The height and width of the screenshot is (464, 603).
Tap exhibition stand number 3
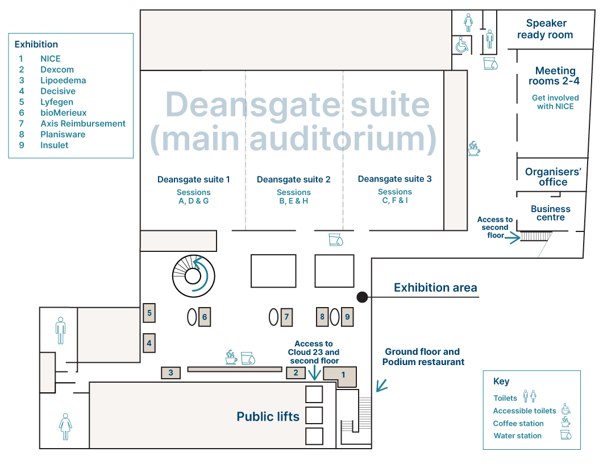pyautogui.click(x=170, y=373)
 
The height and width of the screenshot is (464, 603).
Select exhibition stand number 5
pyautogui.click(x=149, y=313)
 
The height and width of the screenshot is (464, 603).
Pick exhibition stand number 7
pyautogui.click(x=286, y=317)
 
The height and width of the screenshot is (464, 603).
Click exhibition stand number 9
pyautogui.click(x=347, y=317)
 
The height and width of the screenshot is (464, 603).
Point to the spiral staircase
pyautogui.click(x=193, y=276)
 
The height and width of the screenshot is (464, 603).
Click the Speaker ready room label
pyautogui.click(x=545, y=29)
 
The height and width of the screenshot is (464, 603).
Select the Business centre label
pyautogui.click(x=550, y=213)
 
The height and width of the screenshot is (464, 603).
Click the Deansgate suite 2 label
pyautogui.click(x=293, y=180)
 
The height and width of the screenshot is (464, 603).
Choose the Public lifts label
pyautogui.click(x=268, y=417)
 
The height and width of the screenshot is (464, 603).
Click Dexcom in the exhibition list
pyautogui.click(x=57, y=69)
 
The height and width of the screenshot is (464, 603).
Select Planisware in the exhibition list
pyautogui.click(x=63, y=134)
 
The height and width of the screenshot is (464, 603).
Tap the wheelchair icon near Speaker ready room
pyautogui.click(x=461, y=45)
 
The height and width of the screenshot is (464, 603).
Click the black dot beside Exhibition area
pyautogui.click(x=361, y=297)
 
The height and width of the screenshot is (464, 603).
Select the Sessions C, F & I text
pyautogui.click(x=394, y=196)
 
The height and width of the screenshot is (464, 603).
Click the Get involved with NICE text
pyautogui.click(x=555, y=102)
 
